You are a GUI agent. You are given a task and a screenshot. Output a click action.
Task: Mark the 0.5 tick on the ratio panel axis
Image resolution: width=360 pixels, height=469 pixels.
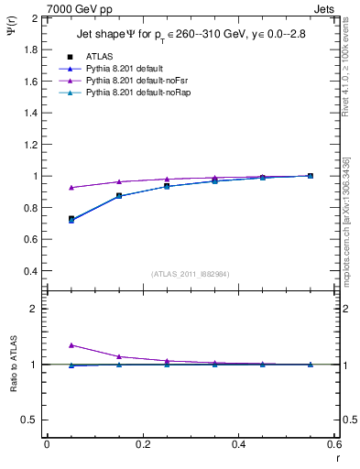point(31,420)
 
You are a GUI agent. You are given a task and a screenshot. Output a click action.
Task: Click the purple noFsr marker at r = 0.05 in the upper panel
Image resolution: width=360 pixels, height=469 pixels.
point(71,188)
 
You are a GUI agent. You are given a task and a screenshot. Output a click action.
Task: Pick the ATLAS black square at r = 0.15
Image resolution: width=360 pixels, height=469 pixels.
point(119,196)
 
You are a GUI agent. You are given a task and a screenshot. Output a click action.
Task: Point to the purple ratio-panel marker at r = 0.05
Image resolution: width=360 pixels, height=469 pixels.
point(71,345)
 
